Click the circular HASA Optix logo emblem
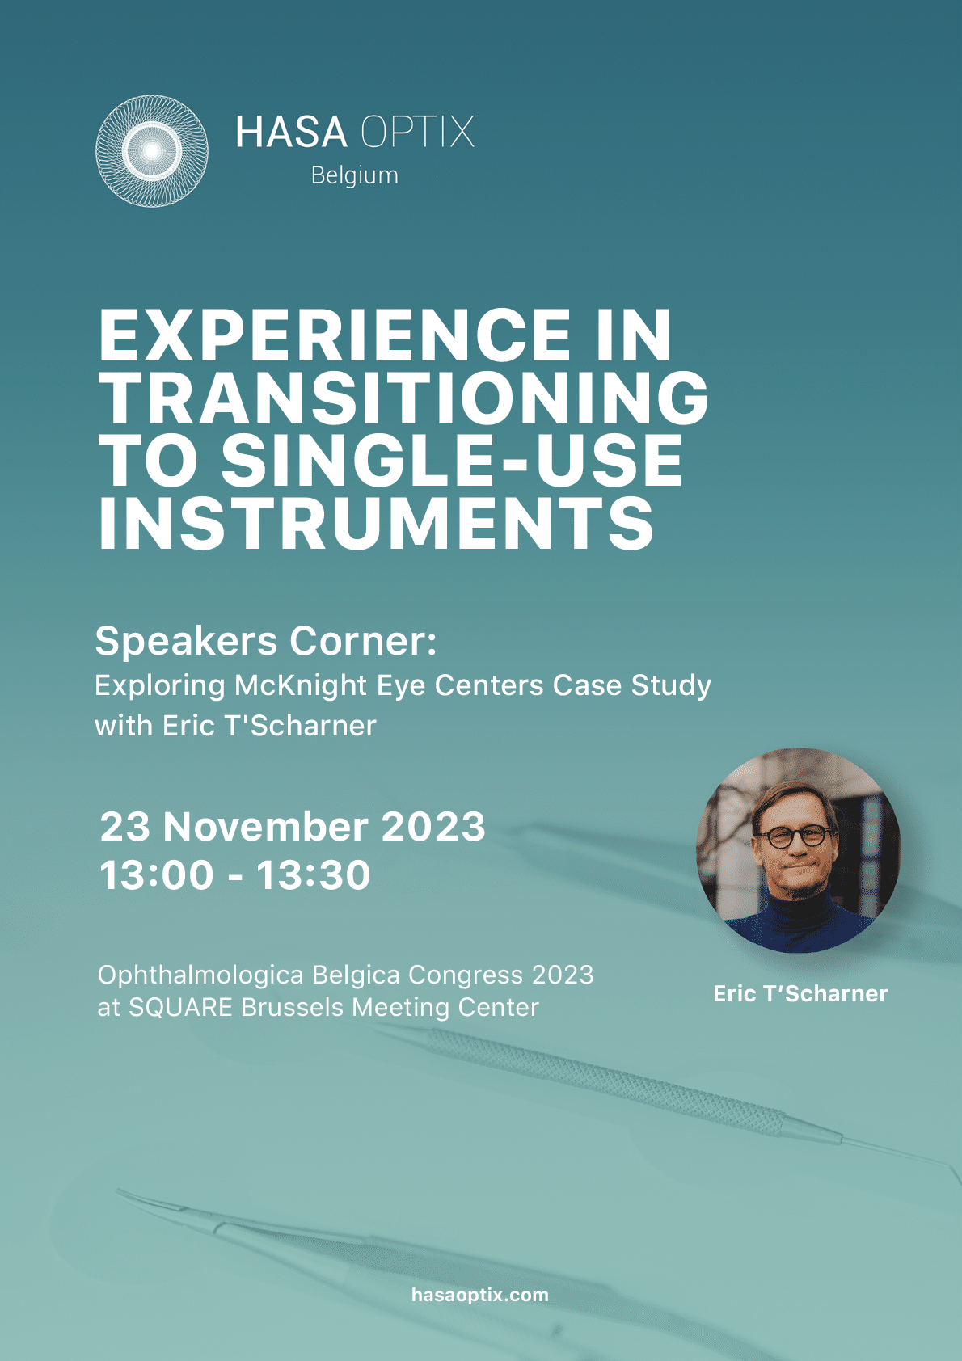coord(152,150)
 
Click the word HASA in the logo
coord(291,132)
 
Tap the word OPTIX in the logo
coord(417,132)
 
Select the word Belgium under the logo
coord(354,175)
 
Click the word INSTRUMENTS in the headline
coord(376,523)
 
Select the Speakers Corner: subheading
coord(266,642)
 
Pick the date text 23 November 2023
coord(293,826)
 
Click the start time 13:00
coord(157,875)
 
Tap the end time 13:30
coord(313,875)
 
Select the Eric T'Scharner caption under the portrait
coord(800,993)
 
